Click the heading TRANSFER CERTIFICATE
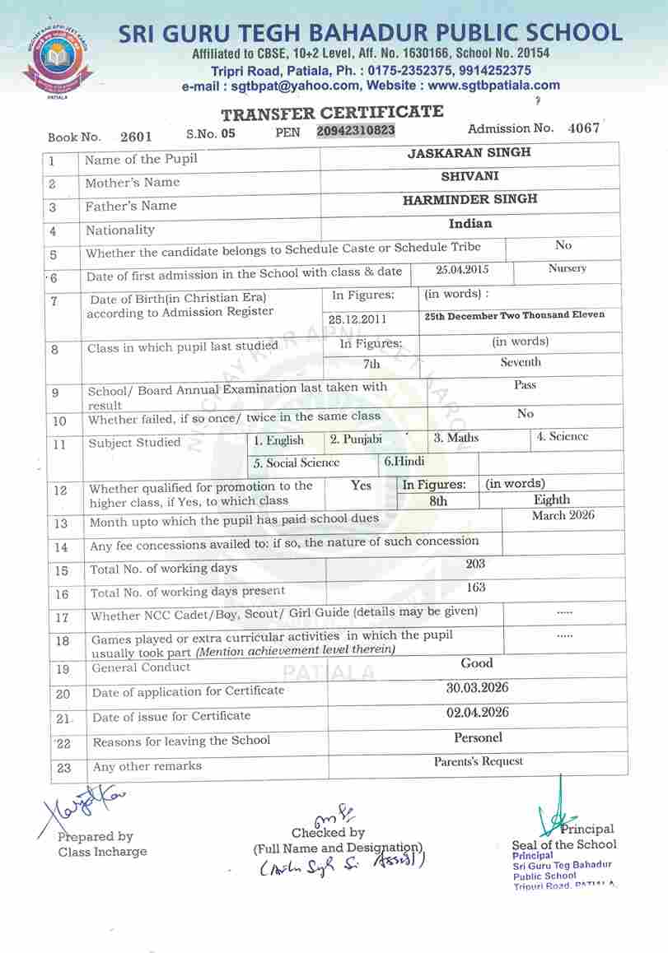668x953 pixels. tap(332, 114)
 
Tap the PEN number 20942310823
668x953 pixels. tap(356, 131)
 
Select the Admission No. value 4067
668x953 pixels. tap(584, 128)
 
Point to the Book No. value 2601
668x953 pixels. tap(135, 137)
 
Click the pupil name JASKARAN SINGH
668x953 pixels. tap(469, 152)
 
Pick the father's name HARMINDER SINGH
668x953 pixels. tap(469, 199)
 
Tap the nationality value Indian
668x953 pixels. tap(470, 224)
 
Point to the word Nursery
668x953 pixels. tap(568, 268)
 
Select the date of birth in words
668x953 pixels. tap(514, 315)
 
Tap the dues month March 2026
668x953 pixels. tap(563, 515)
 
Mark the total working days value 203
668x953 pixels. tap(475, 564)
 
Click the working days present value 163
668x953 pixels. tap(475, 588)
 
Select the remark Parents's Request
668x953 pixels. tap(479, 761)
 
